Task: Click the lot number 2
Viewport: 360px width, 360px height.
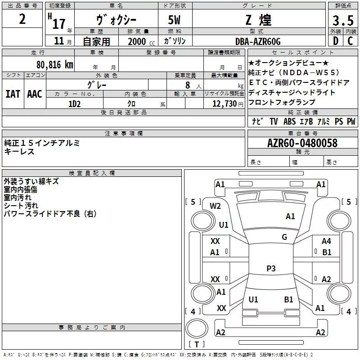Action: coord(22,20)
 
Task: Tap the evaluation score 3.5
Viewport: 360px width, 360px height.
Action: coord(342,21)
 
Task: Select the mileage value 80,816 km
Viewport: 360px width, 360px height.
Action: coord(54,64)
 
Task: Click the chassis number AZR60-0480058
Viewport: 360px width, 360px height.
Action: coord(302,143)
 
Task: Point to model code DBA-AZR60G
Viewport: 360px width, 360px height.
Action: coord(257,41)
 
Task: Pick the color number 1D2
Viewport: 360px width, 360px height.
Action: coord(74,103)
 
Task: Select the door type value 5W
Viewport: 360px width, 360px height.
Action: coord(175,21)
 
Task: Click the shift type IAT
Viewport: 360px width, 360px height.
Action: coord(13,94)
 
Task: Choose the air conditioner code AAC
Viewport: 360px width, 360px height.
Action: coord(35,94)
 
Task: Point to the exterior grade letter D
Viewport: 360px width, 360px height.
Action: coord(335,41)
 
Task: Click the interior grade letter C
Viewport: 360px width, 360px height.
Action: coord(350,41)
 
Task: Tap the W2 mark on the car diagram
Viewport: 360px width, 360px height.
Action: coord(216,206)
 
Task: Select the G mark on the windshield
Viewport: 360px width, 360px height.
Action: coord(284,237)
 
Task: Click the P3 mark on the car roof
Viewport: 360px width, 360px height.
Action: coord(271,269)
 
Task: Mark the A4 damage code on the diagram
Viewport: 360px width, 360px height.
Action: coord(326,241)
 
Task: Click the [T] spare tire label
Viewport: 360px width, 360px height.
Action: coord(196,345)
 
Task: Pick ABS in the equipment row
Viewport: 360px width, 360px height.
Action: coord(289,121)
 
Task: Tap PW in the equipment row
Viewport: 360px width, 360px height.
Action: coord(351,121)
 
